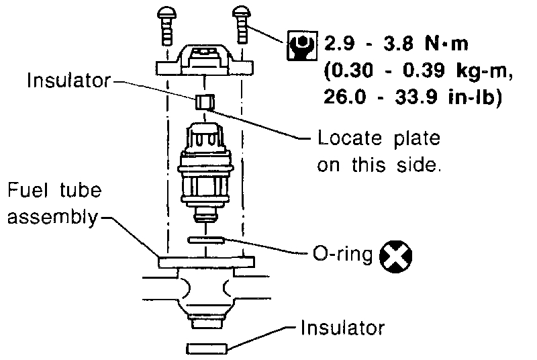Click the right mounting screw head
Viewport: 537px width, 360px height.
click(x=242, y=13)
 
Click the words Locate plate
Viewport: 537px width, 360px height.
click(x=379, y=139)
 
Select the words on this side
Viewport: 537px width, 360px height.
click(x=379, y=165)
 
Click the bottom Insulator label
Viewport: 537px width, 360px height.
click(x=342, y=328)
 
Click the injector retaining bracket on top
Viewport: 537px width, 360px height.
click(x=204, y=60)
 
